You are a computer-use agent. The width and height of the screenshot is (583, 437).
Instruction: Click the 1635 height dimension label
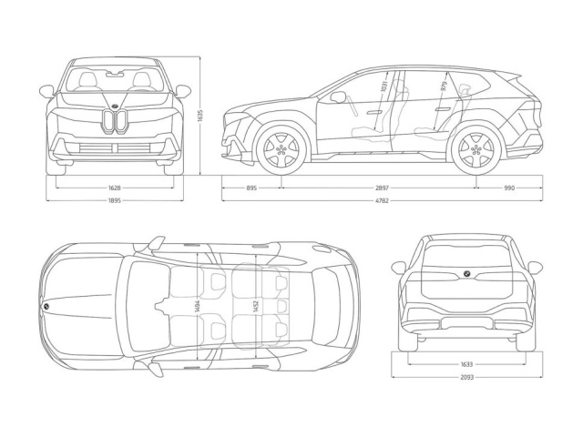[x=200, y=115]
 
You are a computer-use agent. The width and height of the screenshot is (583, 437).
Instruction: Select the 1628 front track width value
[x=115, y=188]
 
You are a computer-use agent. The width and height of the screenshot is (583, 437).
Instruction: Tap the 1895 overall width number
[x=115, y=201]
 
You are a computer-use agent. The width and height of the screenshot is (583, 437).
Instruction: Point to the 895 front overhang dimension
[x=251, y=188]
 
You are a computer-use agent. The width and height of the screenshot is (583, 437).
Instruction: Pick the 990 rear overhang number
[x=509, y=188]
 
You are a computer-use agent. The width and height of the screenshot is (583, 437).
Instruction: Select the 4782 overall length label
[x=383, y=201]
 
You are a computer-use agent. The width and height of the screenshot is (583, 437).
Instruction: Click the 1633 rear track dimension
[x=467, y=364]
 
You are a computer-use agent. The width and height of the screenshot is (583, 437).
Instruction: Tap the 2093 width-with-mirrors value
[x=467, y=377]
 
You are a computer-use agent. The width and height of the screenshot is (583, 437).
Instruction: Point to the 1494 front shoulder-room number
[x=198, y=307]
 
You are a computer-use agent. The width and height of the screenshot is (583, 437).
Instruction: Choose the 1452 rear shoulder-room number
[x=256, y=307]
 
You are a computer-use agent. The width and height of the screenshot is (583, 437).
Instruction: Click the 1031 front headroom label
[x=384, y=87]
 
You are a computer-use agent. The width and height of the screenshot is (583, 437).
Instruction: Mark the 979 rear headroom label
[x=444, y=86]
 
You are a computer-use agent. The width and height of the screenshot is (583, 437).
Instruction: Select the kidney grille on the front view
[x=115, y=121]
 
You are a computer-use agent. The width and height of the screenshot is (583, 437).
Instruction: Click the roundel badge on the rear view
[x=466, y=274]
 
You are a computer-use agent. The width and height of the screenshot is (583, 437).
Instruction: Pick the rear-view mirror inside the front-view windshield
[x=115, y=75]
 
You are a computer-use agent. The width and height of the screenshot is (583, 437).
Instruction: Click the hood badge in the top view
[x=46, y=307]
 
